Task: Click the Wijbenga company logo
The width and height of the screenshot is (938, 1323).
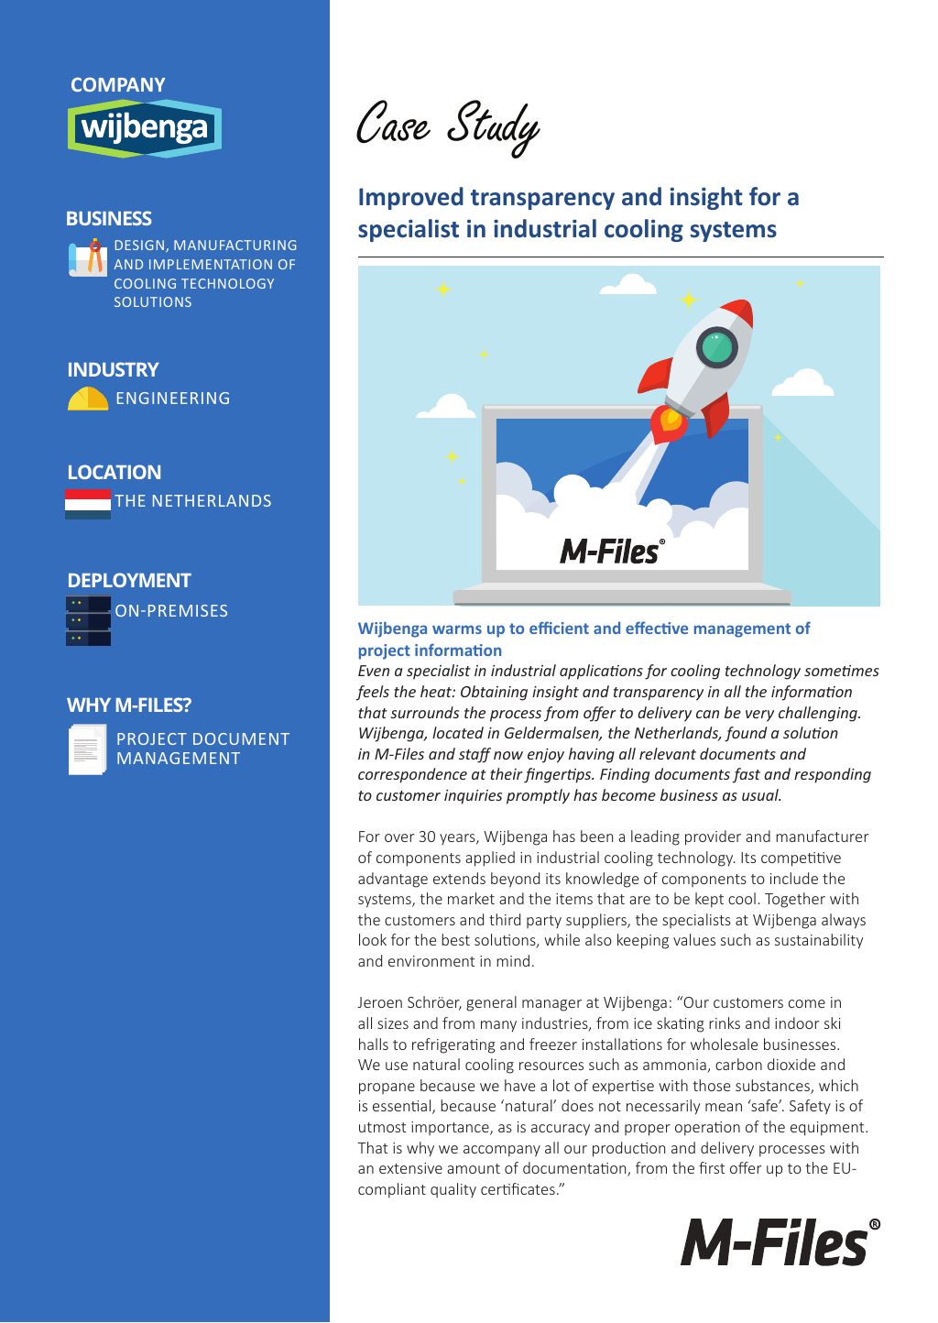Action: [145, 128]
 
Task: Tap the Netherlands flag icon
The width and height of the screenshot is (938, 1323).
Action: [88, 504]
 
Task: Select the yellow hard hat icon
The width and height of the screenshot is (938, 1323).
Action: [88, 399]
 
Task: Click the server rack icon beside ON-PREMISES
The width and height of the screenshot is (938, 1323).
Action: [88, 620]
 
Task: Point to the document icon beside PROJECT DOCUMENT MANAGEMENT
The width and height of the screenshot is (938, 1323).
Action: [88, 749]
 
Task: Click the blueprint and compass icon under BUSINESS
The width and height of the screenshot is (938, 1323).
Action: [88, 257]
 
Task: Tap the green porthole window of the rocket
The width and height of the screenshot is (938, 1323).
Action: [717, 347]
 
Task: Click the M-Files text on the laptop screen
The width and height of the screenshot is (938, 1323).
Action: [611, 552]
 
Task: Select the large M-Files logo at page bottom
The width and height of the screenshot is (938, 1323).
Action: [780, 1243]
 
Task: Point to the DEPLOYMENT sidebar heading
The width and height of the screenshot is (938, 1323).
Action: [129, 581]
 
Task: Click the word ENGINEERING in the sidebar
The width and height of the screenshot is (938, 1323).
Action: [172, 399]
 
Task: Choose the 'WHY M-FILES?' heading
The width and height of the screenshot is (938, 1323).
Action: [129, 705]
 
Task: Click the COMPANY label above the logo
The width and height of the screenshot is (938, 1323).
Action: [117, 85]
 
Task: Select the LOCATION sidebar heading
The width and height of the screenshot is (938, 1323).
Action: [115, 473]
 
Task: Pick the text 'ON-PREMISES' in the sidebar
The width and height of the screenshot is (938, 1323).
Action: [171, 611]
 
